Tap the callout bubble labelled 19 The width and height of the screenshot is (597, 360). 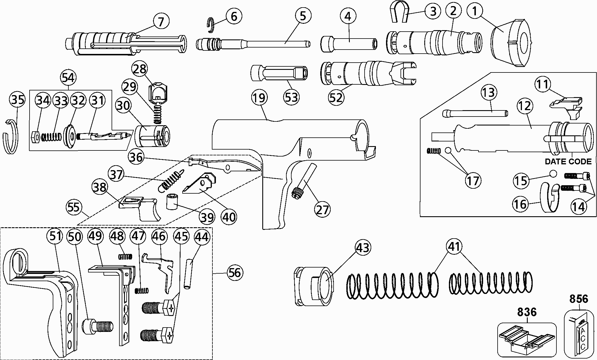(x=259, y=98)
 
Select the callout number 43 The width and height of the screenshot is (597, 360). (x=363, y=248)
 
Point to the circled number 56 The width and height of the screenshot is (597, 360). (x=234, y=273)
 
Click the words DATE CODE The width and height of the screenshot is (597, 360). (x=568, y=161)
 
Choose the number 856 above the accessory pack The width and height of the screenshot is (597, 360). (x=578, y=299)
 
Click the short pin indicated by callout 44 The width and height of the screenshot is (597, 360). (x=189, y=274)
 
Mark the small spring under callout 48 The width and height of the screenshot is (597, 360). (x=125, y=256)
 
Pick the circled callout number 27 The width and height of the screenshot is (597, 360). (x=322, y=209)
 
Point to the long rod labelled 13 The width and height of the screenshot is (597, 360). (x=475, y=113)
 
